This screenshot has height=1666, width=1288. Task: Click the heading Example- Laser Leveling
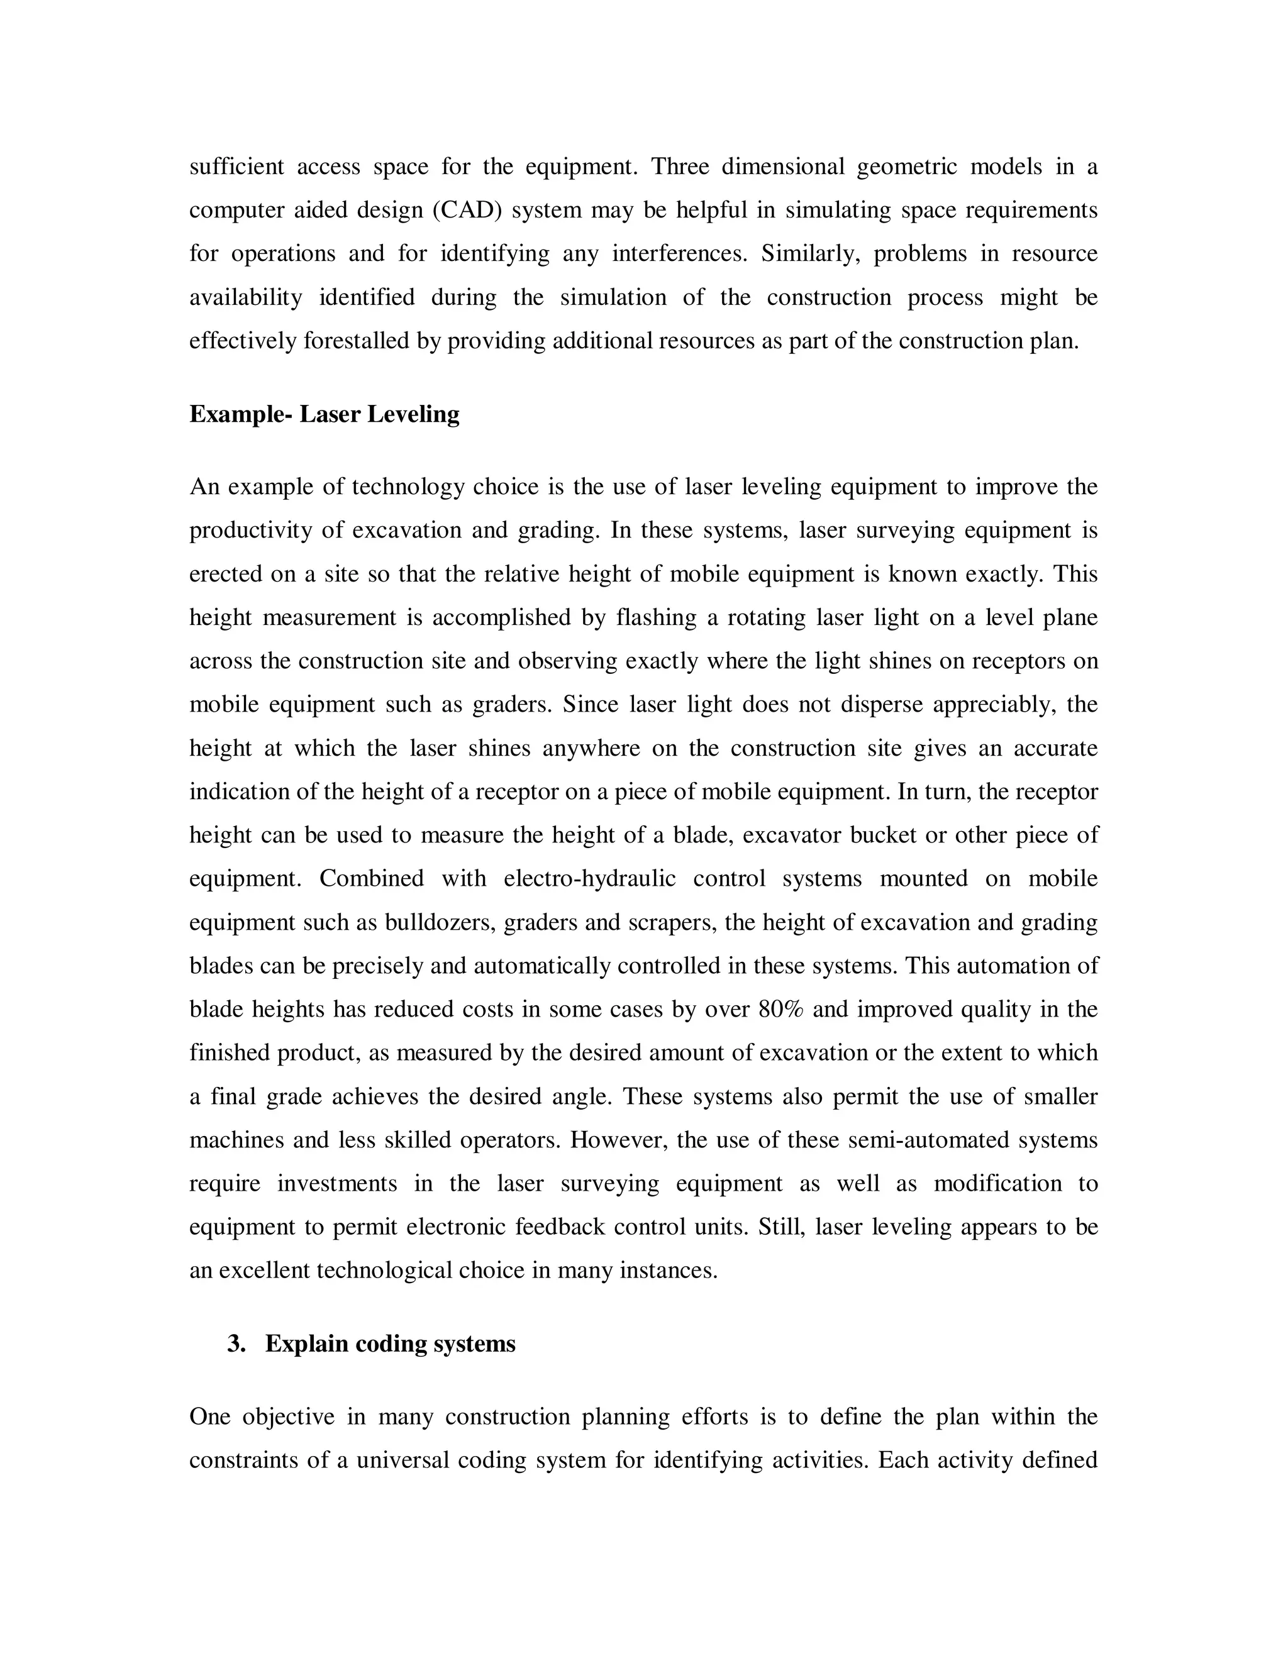point(325,414)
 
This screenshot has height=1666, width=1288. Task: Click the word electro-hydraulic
point(590,879)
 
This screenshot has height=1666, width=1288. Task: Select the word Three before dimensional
point(679,167)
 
